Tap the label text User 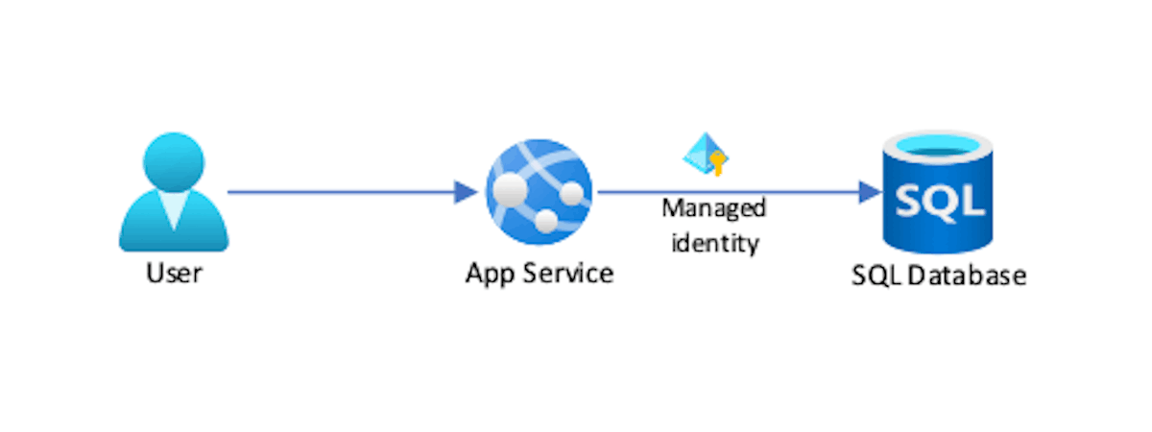click(174, 274)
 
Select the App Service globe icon click(539, 193)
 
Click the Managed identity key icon click(705, 154)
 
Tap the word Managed click(714, 208)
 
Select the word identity click(714, 242)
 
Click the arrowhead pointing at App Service click(467, 192)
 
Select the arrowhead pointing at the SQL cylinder click(872, 192)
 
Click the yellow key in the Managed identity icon click(714, 164)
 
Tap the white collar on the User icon click(174, 209)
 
